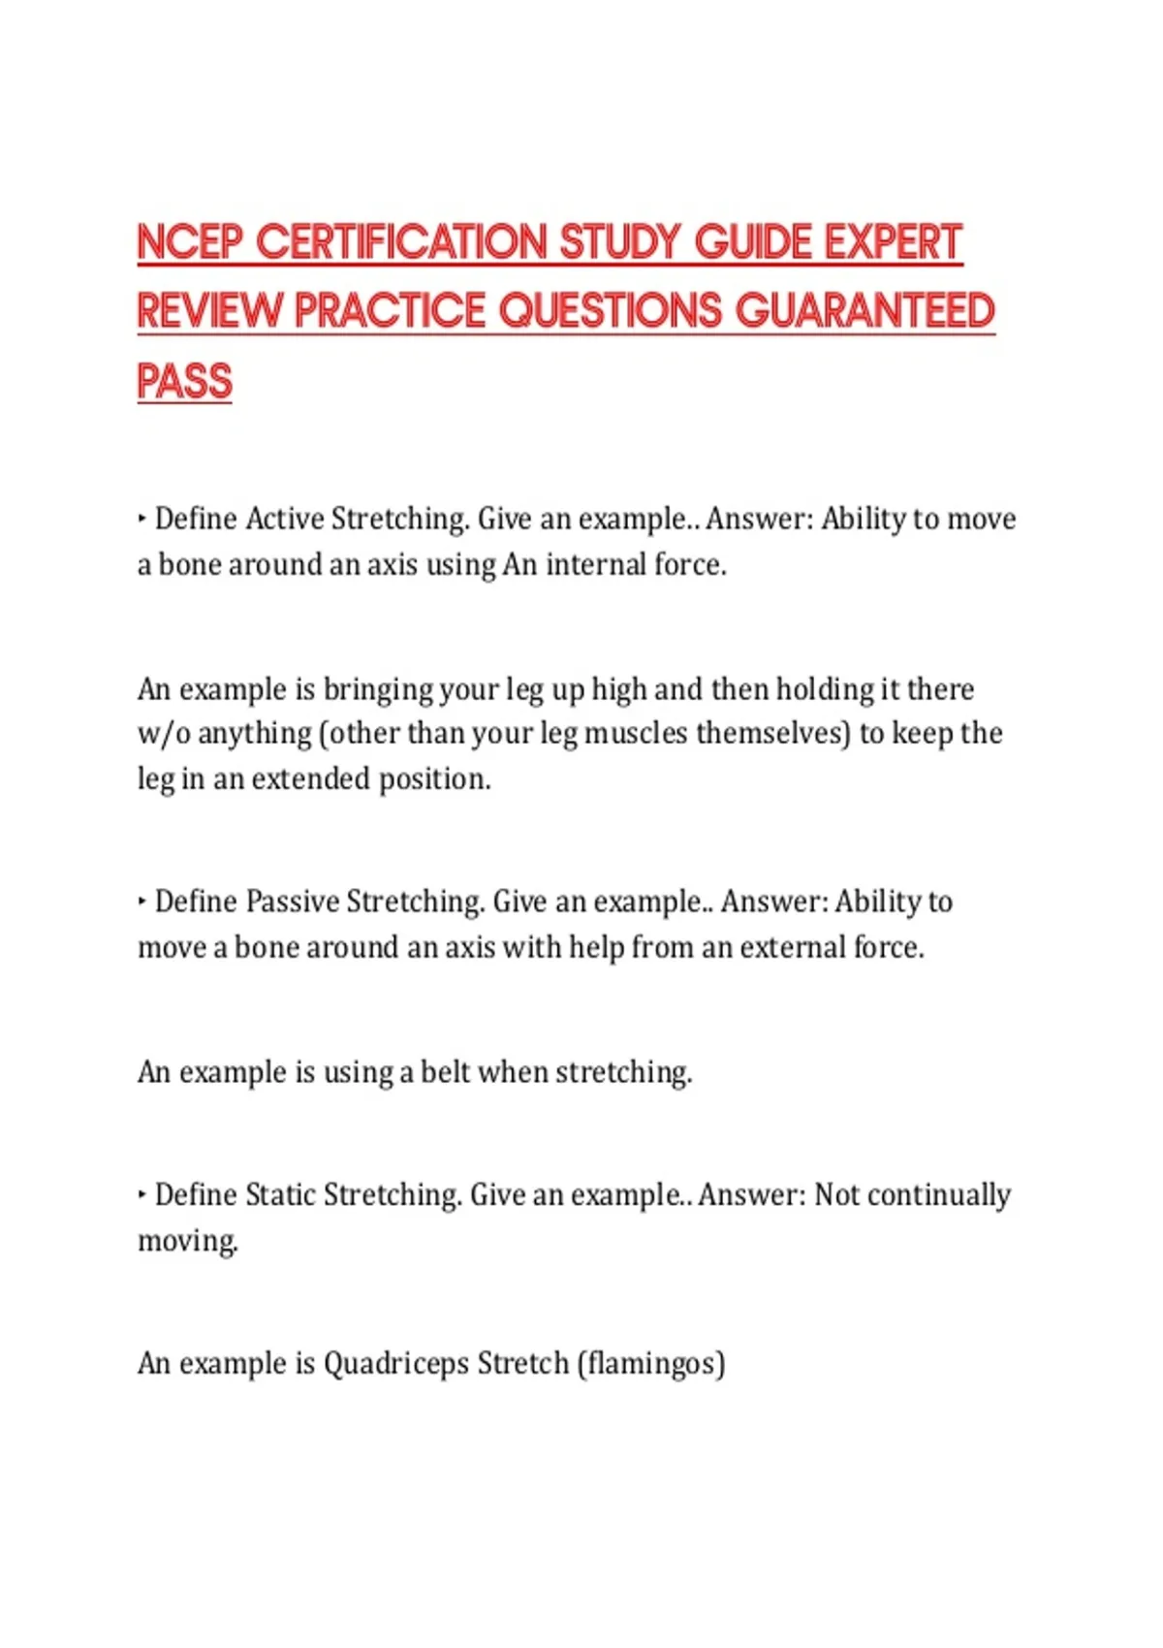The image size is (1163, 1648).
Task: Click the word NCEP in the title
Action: click(x=189, y=242)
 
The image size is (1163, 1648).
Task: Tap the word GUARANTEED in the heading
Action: click(x=864, y=311)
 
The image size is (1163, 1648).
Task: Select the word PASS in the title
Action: click(x=184, y=381)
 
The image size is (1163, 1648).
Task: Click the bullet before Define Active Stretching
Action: click(x=141, y=520)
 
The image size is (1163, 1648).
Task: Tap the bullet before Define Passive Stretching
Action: click(x=141, y=903)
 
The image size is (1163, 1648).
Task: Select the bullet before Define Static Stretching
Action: click(x=141, y=1195)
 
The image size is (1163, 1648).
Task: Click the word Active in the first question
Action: click(x=284, y=519)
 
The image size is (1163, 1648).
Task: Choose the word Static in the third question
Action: click(x=280, y=1194)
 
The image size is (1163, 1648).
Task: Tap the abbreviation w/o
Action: click(x=163, y=734)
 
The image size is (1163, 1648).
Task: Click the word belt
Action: click(x=445, y=1072)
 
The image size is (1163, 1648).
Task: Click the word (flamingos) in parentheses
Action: click(x=651, y=1364)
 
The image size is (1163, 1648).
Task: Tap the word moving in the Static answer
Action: click(x=187, y=1242)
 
